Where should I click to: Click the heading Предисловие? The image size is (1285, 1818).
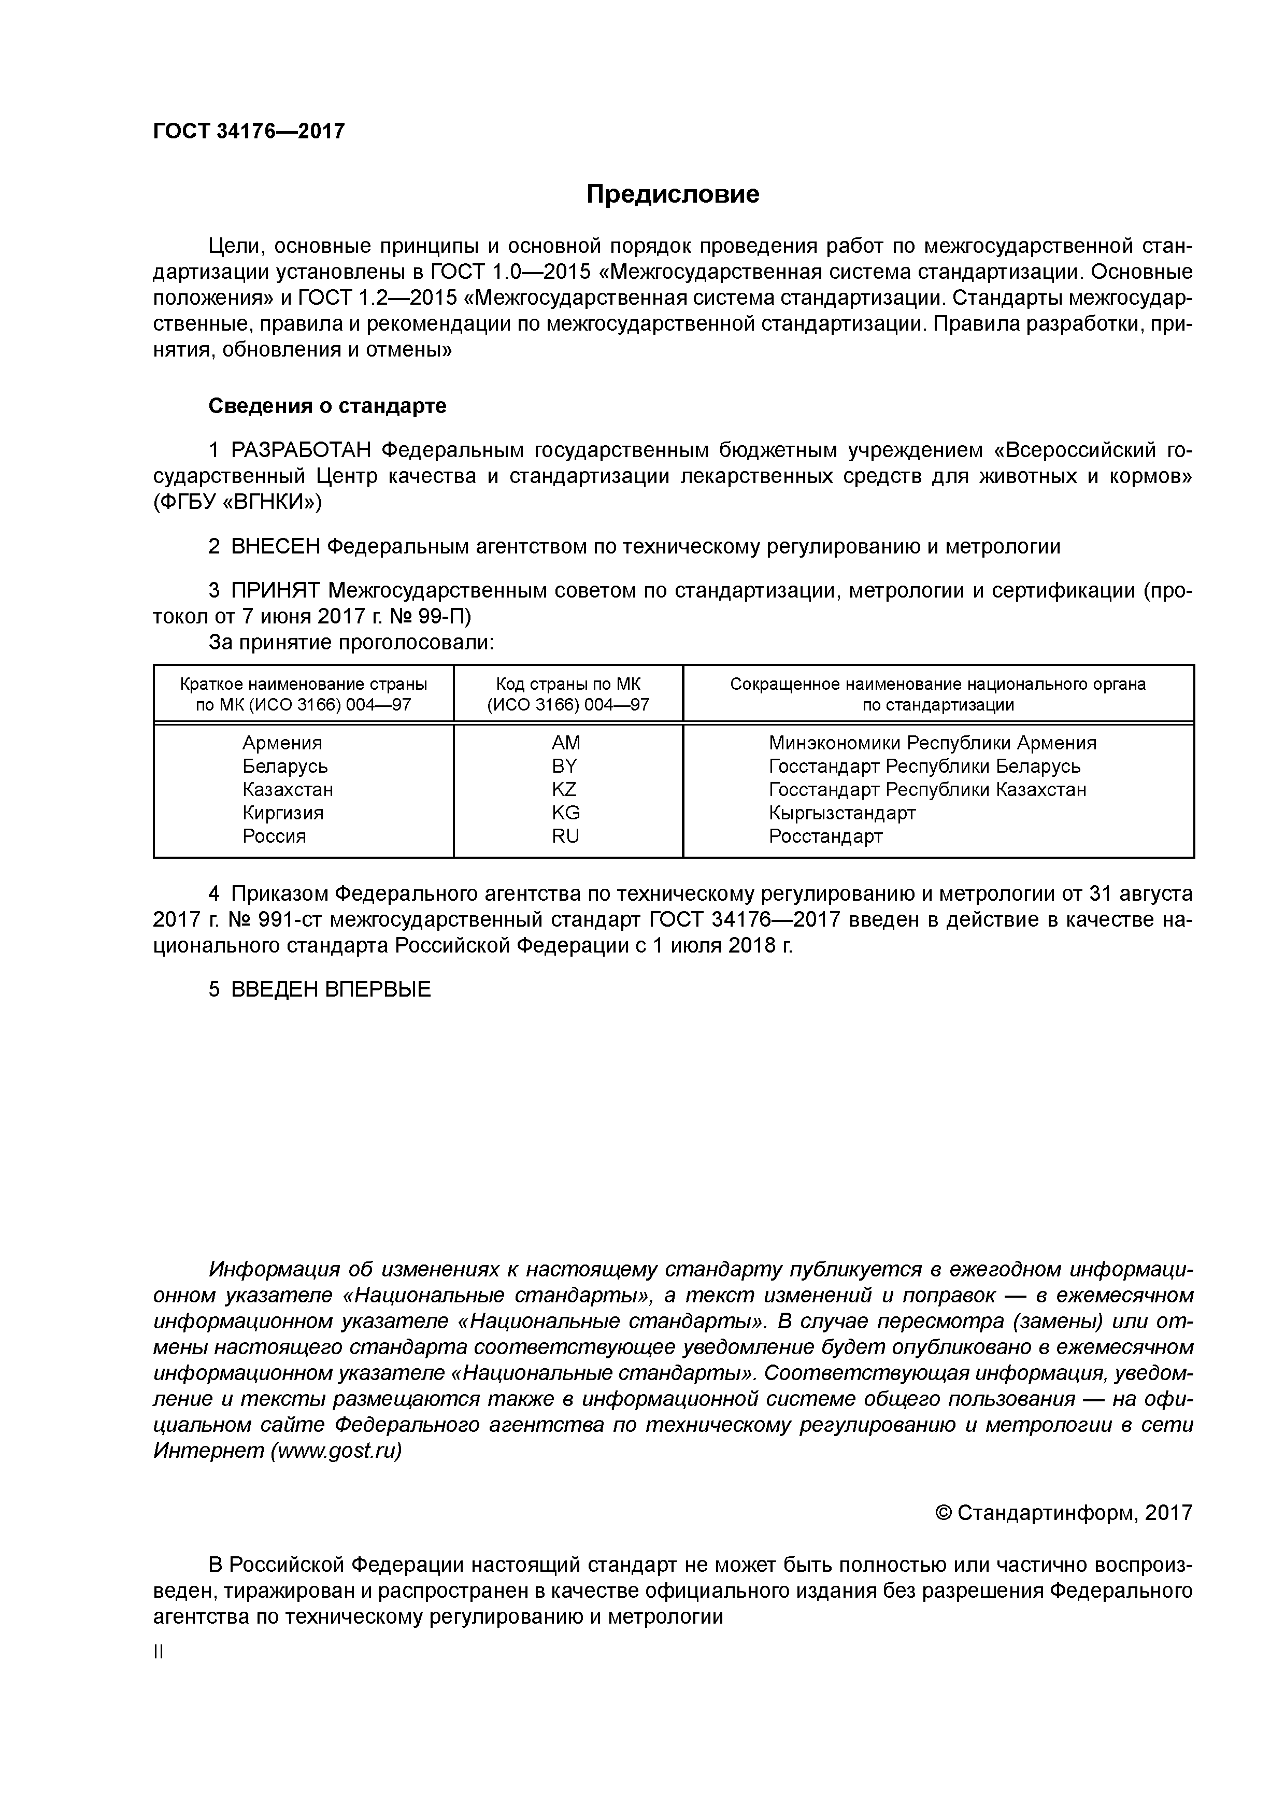[x=672, y=194]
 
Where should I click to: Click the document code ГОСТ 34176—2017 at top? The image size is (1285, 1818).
[x=249, y=131]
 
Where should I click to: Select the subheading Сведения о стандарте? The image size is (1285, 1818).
[x=327, y=406]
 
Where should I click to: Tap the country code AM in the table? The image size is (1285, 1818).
[x=566, y=743]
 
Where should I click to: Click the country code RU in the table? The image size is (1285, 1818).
[x=565, y=836]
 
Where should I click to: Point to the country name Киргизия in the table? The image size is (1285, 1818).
[x=283, y=813]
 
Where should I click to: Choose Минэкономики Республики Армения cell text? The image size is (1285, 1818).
[x=932, y=743]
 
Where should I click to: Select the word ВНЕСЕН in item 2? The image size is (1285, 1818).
[x=276, y=546]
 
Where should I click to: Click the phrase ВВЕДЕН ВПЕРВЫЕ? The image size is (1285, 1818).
[x=331, y=989]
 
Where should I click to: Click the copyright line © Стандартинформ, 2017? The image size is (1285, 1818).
[x=1063, y=1513]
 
